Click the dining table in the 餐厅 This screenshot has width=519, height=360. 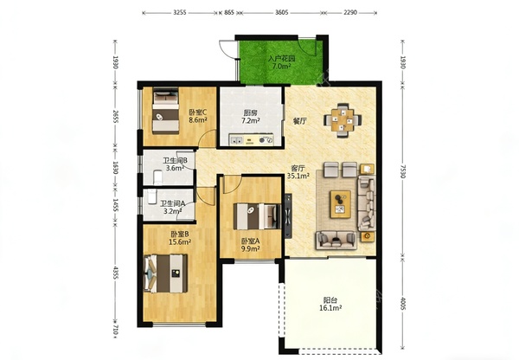tap(343, 120)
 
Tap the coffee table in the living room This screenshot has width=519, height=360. tap(340, 204)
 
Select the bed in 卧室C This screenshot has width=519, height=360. tap(165, 111)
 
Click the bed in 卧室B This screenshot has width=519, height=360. tap(165, 273)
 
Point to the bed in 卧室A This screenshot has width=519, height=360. tap(257, 216)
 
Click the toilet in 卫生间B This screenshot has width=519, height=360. tap(158, 177)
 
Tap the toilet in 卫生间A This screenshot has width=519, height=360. tap(152, 196)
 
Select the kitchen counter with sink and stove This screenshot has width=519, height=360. tap(252, 140)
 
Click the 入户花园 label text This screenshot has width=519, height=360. tap(281, 59)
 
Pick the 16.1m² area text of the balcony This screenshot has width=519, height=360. tap(330, 308)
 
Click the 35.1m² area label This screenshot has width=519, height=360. tap(298, 176)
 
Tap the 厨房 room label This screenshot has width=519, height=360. tap(249, 113)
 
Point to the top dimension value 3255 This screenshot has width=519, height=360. tap(180, 13)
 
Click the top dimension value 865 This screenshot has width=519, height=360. tap(229, 13)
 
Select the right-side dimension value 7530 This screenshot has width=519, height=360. tap(403, 171)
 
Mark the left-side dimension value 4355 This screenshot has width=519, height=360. tap(115, 273)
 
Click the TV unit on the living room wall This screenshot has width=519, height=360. tap(288, 215)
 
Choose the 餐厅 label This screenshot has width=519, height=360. tap(300, 121)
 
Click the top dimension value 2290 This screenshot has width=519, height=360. tap(350, 13)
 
